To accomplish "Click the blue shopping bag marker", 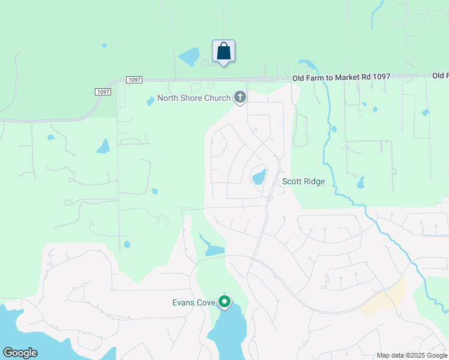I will pos(223,52).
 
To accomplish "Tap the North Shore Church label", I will pos(193,98).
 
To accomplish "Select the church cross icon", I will pos(240,97).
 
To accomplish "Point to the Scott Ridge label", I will pos(303,181).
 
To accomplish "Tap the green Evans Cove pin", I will pos(224,301).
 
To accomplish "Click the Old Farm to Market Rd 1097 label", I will pos(341,77).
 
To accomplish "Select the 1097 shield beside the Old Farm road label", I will pos(134,80).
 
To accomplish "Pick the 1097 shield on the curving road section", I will pos(103,91).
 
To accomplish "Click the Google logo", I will pos(20,353).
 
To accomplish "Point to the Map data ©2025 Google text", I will pos(412,355).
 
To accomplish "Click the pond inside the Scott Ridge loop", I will pos(259,177).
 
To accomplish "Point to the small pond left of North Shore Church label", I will pos(150,102).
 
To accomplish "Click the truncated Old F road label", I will pos(440,76).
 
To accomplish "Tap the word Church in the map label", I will pos(217,98).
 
